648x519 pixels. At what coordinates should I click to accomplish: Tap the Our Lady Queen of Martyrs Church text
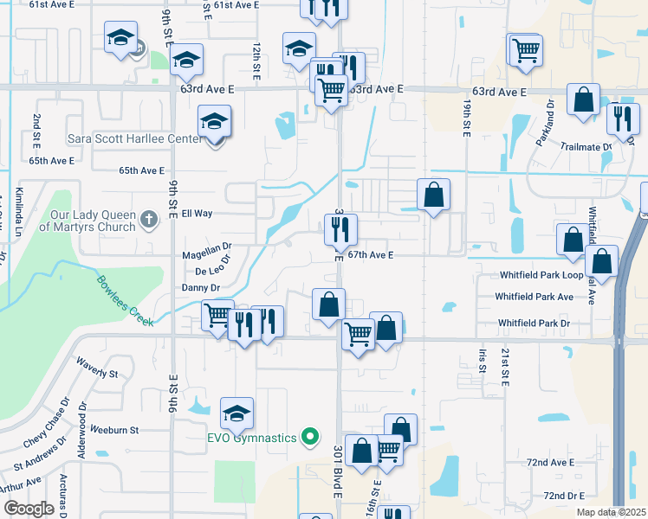pyautogui.click(x=93, y=221)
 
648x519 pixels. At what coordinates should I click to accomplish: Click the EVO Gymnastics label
pyautogui.click(x=252, y=438)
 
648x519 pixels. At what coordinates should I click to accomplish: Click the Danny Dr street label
pyautogui.click(x=201, y=287)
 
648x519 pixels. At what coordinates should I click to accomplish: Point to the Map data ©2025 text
pyautogui.click(x=611, y=512)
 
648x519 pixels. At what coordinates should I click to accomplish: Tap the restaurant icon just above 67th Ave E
pyautogui.click(x=340, y=229)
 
